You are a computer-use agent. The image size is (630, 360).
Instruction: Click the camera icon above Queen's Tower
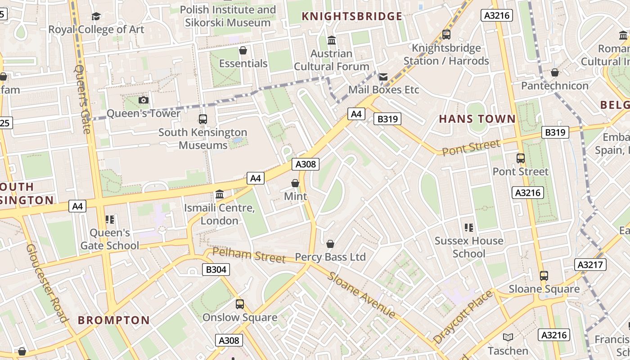click(x=144, y=100)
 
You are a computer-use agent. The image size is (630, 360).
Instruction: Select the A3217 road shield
click(x=590, y=265)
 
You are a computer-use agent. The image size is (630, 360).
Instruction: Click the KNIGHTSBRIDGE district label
click(x=352, y=17)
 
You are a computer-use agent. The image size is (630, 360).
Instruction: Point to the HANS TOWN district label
click(x=477, y=119)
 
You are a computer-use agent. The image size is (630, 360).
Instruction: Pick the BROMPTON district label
click(x=114, y=320)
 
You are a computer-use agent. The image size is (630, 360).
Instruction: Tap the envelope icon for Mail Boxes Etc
click(x=383, y=77)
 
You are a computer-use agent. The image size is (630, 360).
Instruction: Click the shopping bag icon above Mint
click(x=295, y=183)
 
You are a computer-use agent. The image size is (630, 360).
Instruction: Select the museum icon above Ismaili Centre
click(x=220, y=194)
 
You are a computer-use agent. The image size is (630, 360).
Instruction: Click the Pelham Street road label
click(x=249, y=255)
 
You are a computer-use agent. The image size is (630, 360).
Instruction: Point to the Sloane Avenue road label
click(x=362, y=295)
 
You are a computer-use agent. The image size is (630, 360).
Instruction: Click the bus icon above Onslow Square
click(x=240, y=304)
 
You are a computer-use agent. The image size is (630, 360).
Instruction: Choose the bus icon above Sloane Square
click(x=544, y=276)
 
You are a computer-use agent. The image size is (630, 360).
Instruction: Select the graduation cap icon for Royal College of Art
click(x=96, y=17)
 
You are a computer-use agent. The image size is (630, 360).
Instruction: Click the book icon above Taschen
click(x=508, y=337)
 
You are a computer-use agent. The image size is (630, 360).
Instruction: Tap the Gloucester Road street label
click(x=47, y=283)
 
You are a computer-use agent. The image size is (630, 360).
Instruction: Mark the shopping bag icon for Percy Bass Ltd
click(x=330, y=244)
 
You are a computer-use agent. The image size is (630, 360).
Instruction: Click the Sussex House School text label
click(x=469, y=247)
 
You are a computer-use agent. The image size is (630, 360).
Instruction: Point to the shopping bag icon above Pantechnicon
click(x=555, y=72)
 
